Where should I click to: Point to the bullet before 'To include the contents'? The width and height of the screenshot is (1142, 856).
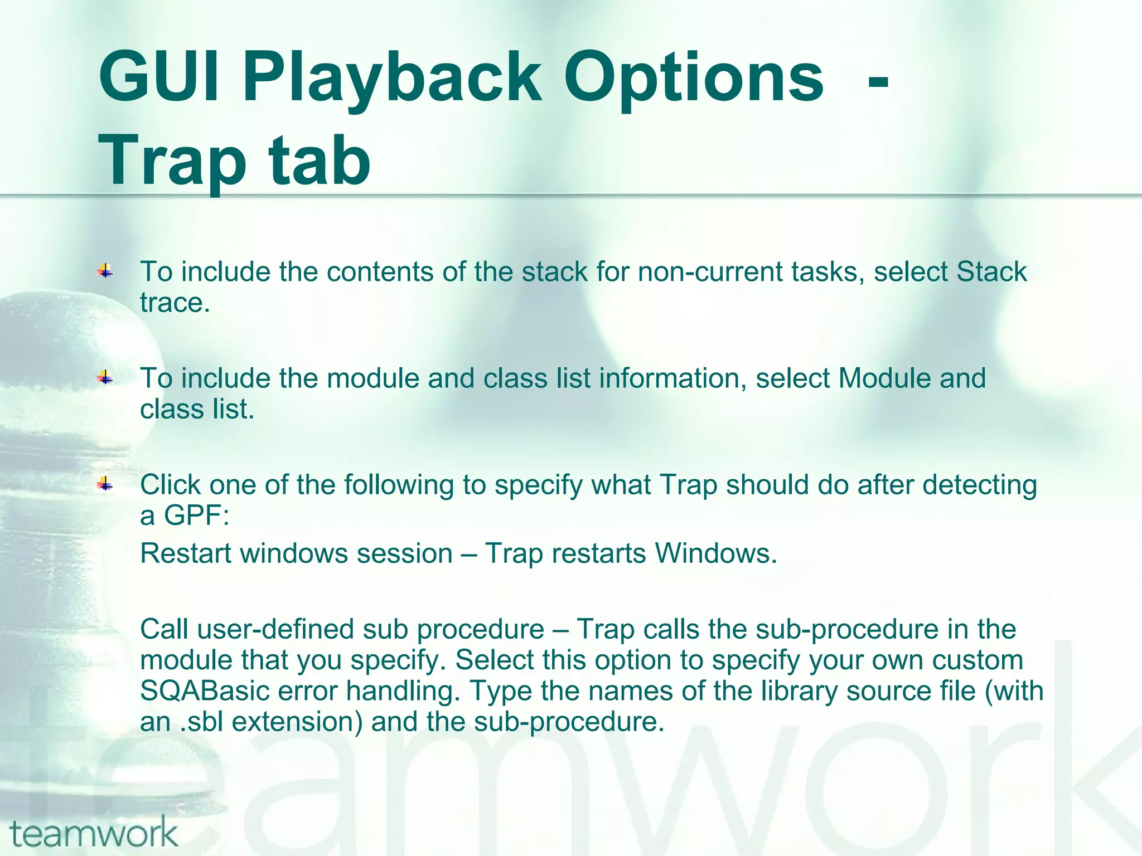pos(105,272)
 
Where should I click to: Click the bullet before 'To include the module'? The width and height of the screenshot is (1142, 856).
pos(105,378)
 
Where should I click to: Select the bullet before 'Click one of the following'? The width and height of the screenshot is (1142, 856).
pos(105,485)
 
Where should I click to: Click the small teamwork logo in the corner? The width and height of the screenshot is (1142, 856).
pos(94,832)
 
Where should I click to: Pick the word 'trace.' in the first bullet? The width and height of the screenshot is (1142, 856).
pos(175,303)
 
